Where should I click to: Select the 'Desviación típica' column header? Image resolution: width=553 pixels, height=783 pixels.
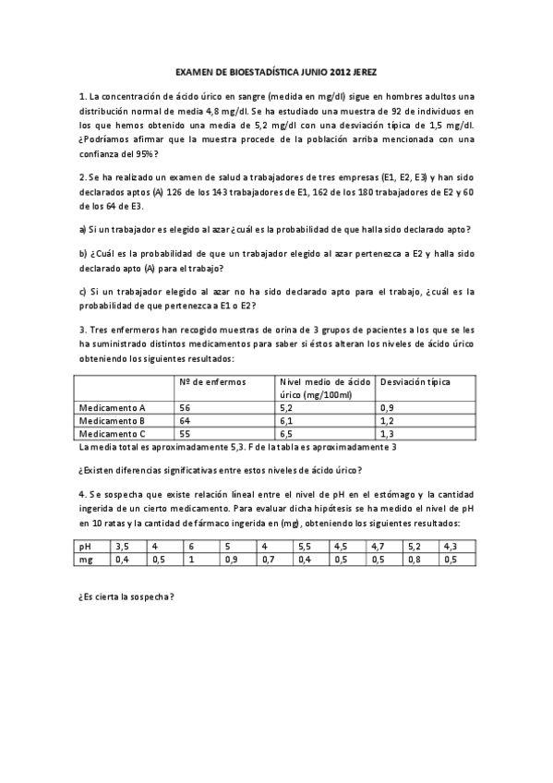[415, 380]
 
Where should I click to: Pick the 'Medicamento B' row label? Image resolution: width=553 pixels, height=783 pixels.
[113, 420]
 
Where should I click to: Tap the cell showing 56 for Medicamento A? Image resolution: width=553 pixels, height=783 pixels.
[186, 407]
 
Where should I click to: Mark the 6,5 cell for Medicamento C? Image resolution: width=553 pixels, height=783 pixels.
[286, 433]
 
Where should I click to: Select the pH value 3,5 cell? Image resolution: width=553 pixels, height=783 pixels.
[123, 546]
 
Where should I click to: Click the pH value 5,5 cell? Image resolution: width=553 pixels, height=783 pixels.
[306, 546]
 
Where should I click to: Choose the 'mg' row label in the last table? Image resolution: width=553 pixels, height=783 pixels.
[87, 559]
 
